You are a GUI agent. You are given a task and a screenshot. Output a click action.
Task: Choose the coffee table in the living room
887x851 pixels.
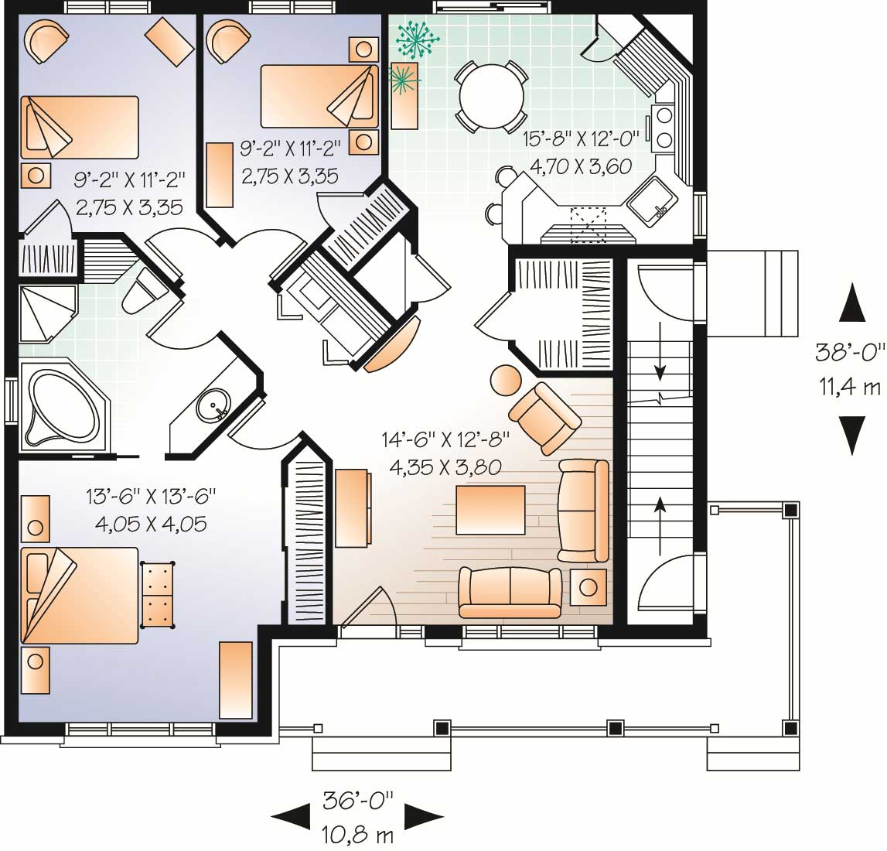pos(490,510)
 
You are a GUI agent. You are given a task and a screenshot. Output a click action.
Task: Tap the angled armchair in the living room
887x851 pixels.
pos(544,417)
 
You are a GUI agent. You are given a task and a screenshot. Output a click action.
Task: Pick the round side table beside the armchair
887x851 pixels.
pos(507,381)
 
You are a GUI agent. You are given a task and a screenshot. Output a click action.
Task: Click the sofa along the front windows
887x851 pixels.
pos(510,592)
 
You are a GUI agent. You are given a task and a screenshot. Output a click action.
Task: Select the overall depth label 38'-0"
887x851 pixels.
pos(851,353)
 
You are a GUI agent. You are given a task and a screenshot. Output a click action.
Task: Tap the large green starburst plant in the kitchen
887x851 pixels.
pos(417,37)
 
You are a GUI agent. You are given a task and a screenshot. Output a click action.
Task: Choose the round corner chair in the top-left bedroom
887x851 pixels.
pos(46,40)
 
